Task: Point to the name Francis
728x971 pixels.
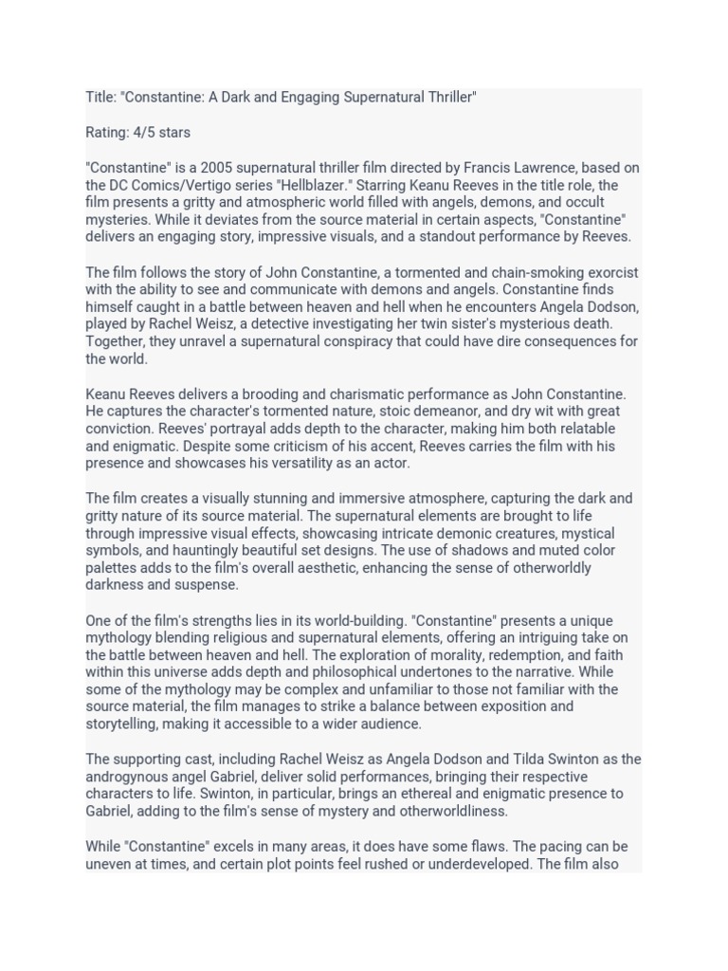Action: tap(497, 168)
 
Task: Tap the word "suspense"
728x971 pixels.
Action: tap(208, 585)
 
